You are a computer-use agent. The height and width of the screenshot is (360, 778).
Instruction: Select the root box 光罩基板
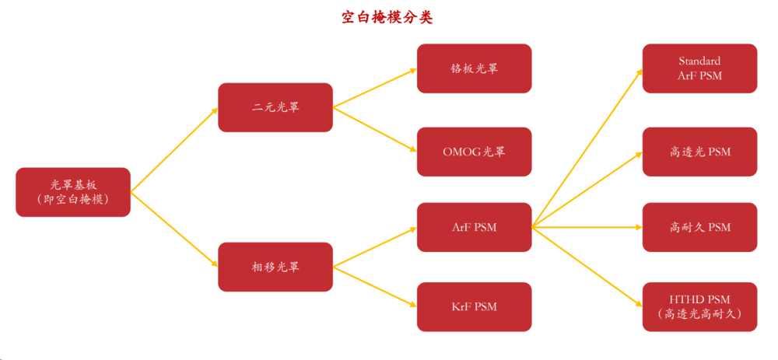pyautogui.click(x=73, y=191)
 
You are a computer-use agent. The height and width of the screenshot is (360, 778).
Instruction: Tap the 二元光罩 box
pyautogui.click(x=275, y=107)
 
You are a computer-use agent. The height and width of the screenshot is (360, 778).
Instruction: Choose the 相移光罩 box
pyautogui.click(x=275, y=267)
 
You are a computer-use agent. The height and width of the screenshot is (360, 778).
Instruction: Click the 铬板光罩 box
pyautogui.click(x=474, y=68)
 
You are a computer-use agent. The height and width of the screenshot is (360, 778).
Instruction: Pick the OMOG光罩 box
pyautogui.click(x=474, y=152)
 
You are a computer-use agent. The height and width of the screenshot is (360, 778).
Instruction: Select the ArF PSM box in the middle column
pyautogui.click(x=474, y=228)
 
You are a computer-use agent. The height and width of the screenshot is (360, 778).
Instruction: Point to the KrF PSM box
pyautogui.click(x=474, y=306)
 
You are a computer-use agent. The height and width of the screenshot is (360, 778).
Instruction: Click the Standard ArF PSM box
pyautogui.click(x=699, y=68)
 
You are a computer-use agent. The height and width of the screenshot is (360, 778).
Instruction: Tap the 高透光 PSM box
pyautogui.click(x=699, y=152)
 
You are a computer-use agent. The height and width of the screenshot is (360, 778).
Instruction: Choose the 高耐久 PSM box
pyautogui.click(x=699, y=228)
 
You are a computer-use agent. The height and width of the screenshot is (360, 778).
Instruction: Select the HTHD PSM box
pyautogui.click(x=699, y=306)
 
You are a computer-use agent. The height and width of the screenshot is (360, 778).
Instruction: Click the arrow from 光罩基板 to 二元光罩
pyautogui.click(x=174, y=149)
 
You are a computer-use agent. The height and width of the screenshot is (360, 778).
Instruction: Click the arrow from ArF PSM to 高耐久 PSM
pyautogui.click(x=587, y=228)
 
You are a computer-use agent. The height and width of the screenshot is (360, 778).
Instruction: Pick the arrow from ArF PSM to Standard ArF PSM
pyautogui.click(x=587, y=148)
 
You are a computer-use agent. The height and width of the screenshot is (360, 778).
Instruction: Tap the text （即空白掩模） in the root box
pyautogui.click(x=73, y=199)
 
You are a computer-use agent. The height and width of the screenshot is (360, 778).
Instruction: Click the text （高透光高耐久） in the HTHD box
pyautogui.click(x=699, y=314)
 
